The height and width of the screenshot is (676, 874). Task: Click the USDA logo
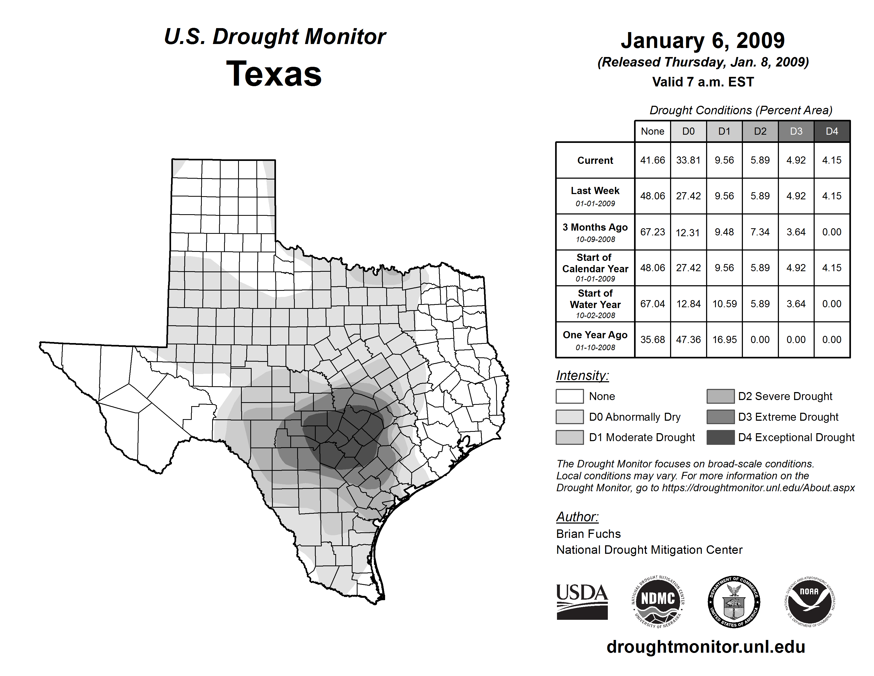pos(582,602)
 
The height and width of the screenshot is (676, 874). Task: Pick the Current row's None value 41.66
pos(652,160)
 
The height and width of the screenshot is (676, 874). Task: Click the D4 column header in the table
pos(832,131)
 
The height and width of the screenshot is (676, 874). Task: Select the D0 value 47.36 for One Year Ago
pos(688,340)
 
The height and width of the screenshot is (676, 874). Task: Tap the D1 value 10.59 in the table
pos(724,304)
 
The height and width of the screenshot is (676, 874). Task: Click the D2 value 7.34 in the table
pos(760,232)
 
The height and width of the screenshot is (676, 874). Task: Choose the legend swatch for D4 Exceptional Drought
pos(720,437)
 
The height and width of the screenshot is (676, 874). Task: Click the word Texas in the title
pos(274,74)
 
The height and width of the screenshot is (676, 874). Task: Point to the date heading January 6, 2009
pos(703,41)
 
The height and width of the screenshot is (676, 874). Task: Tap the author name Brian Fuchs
pos(588,534)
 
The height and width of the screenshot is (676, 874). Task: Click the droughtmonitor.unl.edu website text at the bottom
pos(706,647)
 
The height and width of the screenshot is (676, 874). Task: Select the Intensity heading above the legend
pos(582,376)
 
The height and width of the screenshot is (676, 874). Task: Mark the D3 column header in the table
pos(796,131)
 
